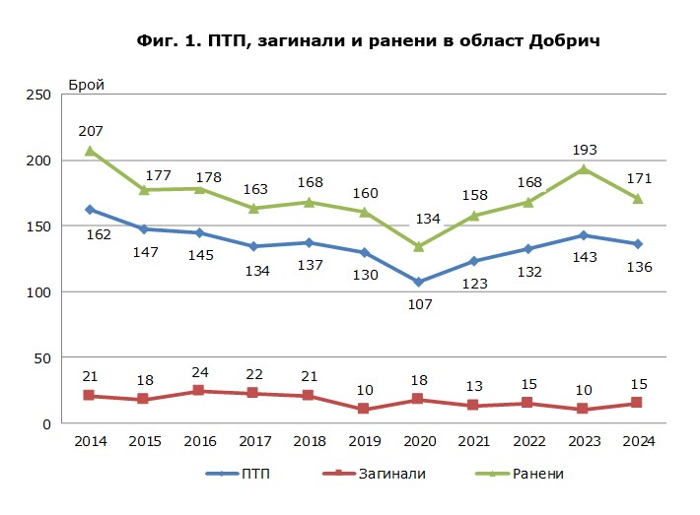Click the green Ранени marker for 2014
coord(90,151)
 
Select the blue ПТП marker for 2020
coord(419,283)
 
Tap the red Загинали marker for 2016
coord(199,391)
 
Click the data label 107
coord(420,305)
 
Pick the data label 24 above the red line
coord(199,370)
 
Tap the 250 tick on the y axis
coord(38,95)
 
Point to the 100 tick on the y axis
coord(38,292)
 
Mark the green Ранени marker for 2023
coord(584,169)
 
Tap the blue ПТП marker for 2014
coord(90,210)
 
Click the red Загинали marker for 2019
coord(364,409)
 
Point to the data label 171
coord(638,178)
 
